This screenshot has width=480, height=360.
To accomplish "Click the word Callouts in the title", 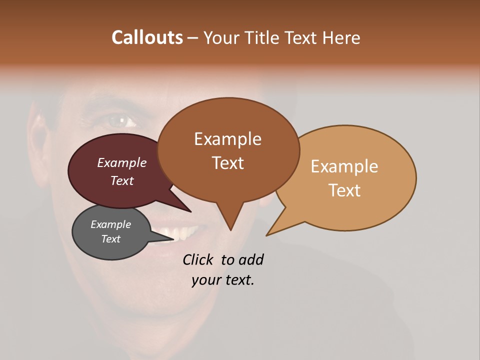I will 147,37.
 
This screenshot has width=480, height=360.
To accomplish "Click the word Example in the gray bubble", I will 110,224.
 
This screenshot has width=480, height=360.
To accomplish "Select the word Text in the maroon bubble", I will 122,180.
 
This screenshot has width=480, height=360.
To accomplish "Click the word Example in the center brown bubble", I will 227,139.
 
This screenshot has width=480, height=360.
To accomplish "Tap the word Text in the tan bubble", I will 345,190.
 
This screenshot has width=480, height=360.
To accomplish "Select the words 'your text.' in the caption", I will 222,280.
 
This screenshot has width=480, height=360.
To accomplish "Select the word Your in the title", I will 222,37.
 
